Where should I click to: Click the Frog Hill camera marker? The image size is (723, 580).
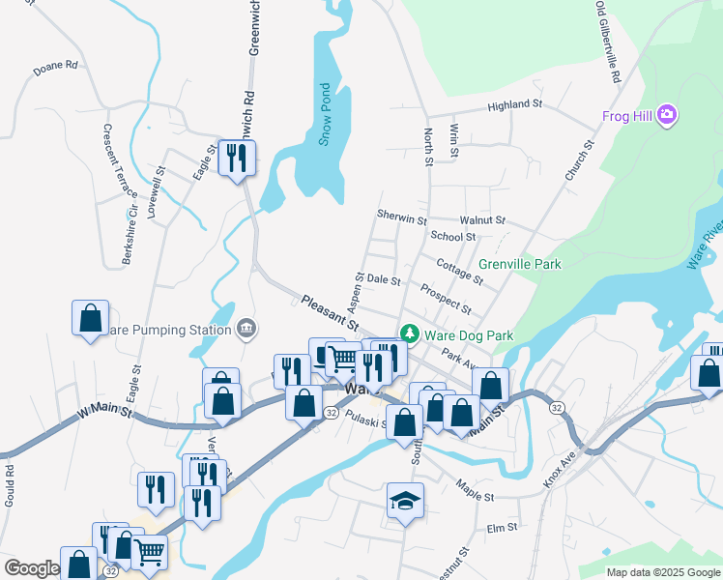click(666, 116)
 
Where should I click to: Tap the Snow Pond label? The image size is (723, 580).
click(325, 113)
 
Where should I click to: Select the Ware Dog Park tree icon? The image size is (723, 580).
click(411, 334)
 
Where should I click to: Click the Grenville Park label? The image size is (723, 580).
click(519, 263)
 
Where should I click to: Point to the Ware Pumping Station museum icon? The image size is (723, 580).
click(246, 330)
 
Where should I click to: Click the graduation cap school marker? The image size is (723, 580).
click(405, 501)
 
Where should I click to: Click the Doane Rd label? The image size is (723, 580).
click(54, 68)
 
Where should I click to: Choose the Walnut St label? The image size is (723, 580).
click(482, 220)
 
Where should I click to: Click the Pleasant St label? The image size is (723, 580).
click(329, 311)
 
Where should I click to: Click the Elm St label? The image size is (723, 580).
click(503, 528)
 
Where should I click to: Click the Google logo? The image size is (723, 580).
click(31, 568)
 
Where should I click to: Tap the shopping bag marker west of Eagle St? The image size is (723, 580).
click(90, 317)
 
